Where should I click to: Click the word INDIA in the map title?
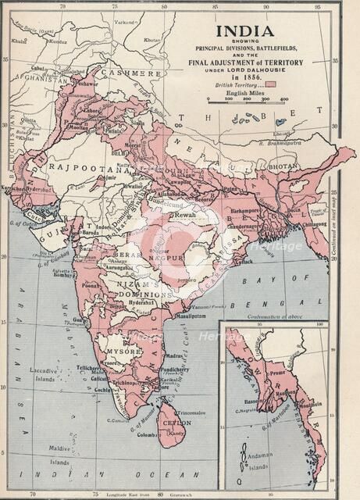point(245,32)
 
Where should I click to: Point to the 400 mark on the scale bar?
point(283,99)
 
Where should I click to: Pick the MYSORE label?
point(123,352)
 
